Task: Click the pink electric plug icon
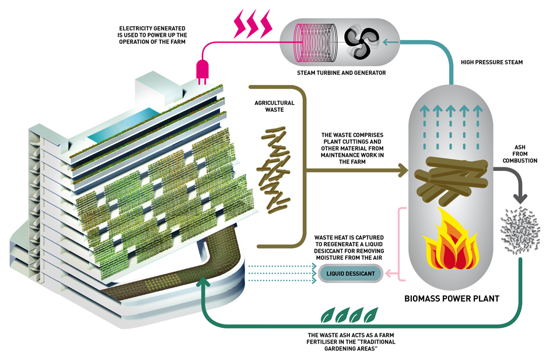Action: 204,69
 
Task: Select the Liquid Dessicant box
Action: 350,273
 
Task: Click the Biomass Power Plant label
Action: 452,299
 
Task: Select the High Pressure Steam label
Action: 492,61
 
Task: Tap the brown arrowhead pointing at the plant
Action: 403,170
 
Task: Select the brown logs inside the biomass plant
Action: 449,175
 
